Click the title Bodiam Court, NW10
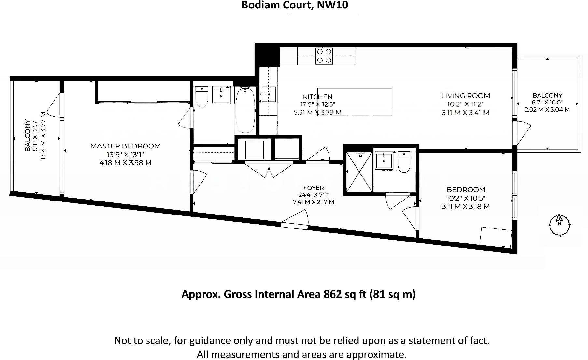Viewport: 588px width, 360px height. [x=294, y=5]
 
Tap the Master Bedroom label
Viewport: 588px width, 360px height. [x=125, y=146]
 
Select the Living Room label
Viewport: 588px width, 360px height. [x=466, y=96]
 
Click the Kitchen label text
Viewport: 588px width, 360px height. [x=317, y=97]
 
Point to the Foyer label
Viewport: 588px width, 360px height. [x=314, y=188]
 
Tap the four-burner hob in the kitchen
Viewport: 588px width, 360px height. [x=324, y=56]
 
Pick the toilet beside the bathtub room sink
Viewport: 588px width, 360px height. [x=202, y=97]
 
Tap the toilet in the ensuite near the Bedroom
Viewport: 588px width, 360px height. [x=404, y=162]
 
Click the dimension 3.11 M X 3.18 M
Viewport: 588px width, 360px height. [x=466, y=207]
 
